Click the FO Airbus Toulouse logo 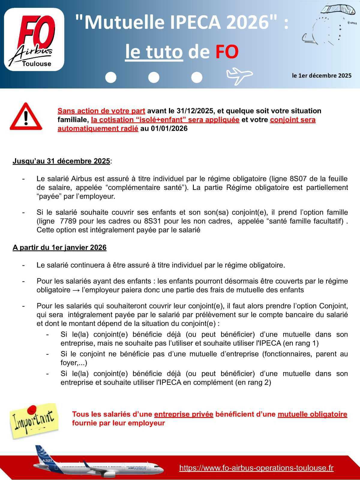(34, 40)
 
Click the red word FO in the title (227, 52)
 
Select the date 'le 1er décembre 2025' (322, 76)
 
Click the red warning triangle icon (26, 117)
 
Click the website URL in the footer (256, 468)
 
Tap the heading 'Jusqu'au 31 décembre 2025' (61, 161)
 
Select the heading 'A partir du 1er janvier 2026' (59, 247)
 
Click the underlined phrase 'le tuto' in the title (154, 52)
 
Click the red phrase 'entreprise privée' (184, 414)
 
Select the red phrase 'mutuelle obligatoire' (312, 414)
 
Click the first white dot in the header (111, 77)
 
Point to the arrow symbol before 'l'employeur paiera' (76, 290)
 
